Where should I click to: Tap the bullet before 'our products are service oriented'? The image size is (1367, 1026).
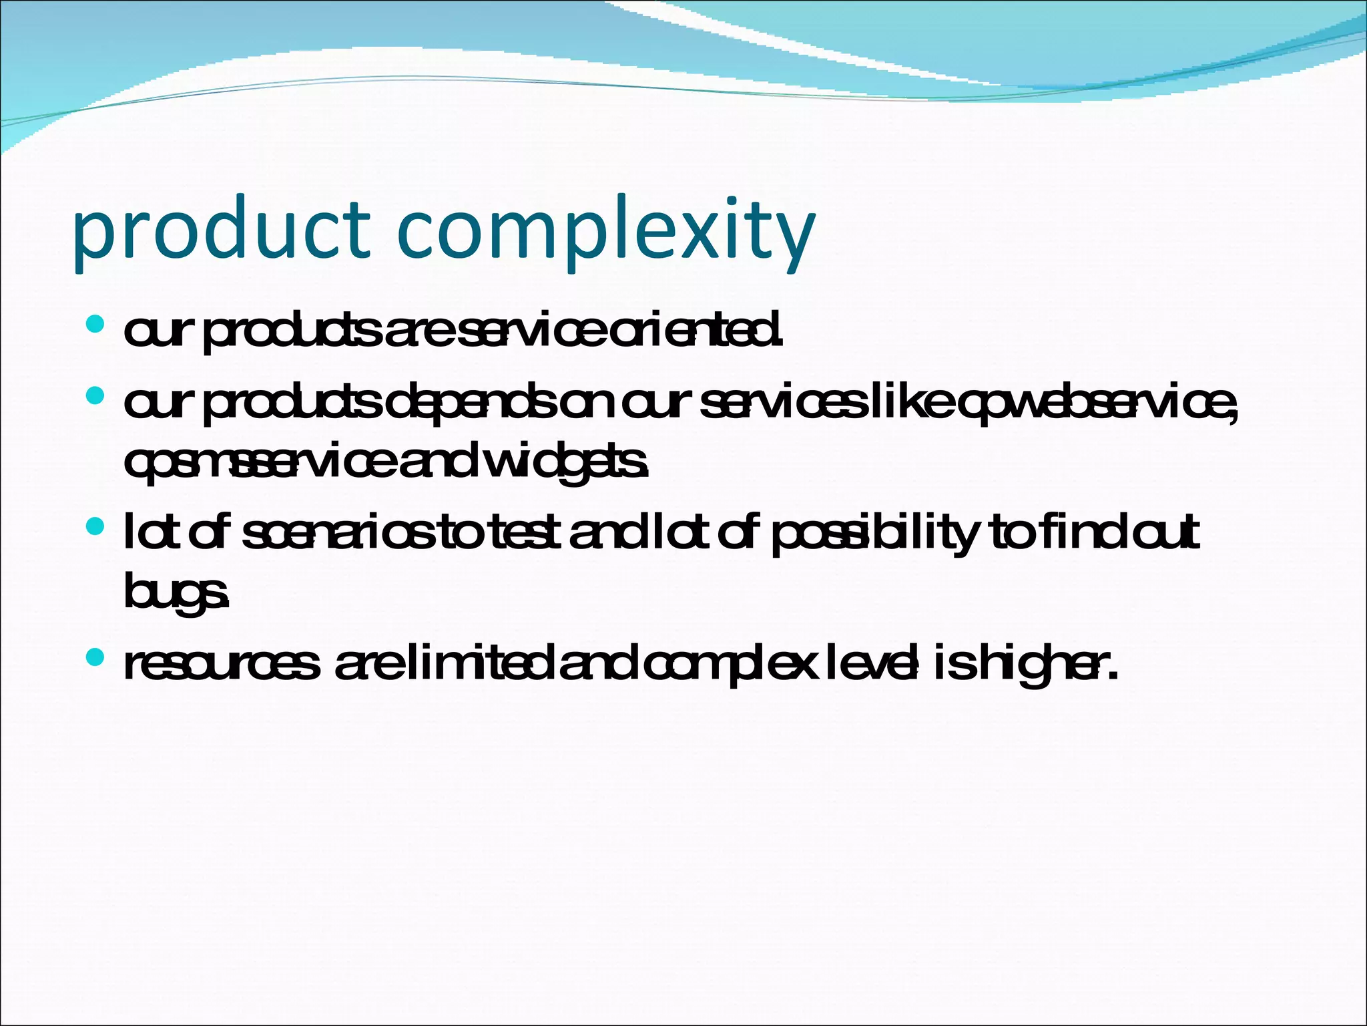pos(95,325)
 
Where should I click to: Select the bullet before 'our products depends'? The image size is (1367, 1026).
pos(95,396)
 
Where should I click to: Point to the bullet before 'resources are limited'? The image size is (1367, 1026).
pos(95,658)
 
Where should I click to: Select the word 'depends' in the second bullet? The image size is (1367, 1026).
pos(471,403)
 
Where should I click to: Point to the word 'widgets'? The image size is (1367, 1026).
pos(564,462)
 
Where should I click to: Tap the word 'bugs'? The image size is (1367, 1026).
pos(176,592)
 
